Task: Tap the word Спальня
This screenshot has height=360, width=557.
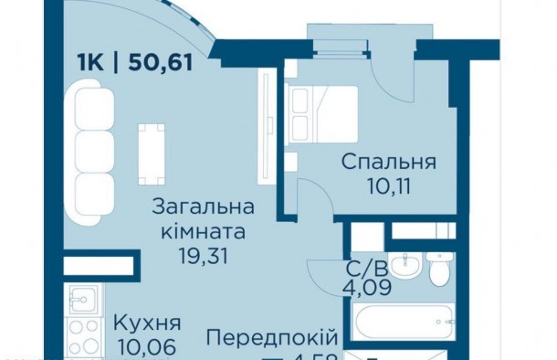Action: coord(389,163)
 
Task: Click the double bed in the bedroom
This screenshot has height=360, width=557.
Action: coord(322,114)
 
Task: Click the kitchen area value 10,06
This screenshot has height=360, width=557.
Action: coord(146,347)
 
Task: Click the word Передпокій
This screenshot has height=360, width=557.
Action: coord(259,338)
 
